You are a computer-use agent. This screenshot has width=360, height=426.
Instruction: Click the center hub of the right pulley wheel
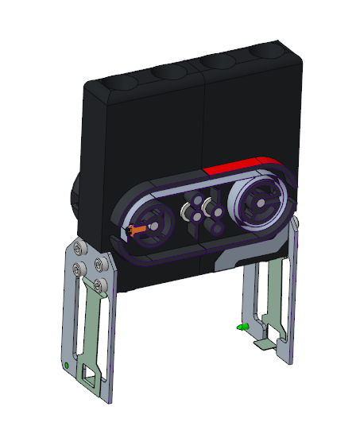pos(257,203)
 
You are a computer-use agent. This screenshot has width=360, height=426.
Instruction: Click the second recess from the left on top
pos(168,72)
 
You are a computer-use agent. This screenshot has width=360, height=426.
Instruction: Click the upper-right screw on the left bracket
pos(98,265)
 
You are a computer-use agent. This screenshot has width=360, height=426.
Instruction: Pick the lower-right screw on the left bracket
pos(99,283)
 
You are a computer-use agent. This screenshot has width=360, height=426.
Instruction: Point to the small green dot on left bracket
pos(64,366)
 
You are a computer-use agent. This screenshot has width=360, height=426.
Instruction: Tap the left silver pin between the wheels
pos(187,212)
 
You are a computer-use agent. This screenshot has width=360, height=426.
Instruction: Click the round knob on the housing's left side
pos(76,199)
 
